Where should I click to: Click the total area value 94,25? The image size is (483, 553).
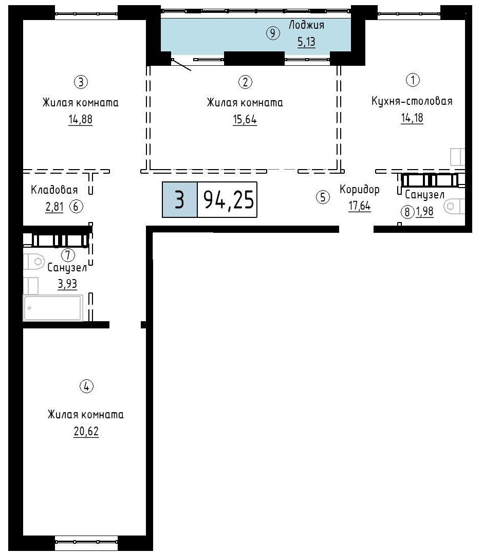[x=229, y=199]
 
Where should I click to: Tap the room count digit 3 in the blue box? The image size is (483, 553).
[x=179, y=199]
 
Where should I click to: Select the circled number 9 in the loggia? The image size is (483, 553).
[x=273, y=33]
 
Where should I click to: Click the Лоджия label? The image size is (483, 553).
[x=306, y=25]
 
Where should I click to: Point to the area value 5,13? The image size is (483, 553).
[x=306, y=42]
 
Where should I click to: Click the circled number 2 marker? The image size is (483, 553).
[x=246, y=82]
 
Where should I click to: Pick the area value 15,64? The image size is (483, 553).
[x=245, y=120]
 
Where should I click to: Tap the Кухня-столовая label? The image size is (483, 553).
[x=412, y=101]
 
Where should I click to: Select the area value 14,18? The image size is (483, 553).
[x=412, y=118]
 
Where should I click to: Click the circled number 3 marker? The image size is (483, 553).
[x=81, y=82]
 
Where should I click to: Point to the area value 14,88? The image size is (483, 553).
[x=80, y=120]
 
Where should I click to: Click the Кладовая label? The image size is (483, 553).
[x=54, y=190]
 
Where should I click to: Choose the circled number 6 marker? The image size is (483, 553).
[x=76, y=206]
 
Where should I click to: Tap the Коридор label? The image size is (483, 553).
[x=359, y=190]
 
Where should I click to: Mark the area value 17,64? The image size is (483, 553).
[x=359, y=206]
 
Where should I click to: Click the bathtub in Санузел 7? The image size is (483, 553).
[x=53, y=308]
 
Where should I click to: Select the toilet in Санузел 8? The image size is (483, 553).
[x=454, y=206]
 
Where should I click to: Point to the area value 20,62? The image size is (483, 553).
[x=86, y=431]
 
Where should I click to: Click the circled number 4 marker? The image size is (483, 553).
[x=86, y=386]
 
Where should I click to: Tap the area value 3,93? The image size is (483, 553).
[x=67, y=284]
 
